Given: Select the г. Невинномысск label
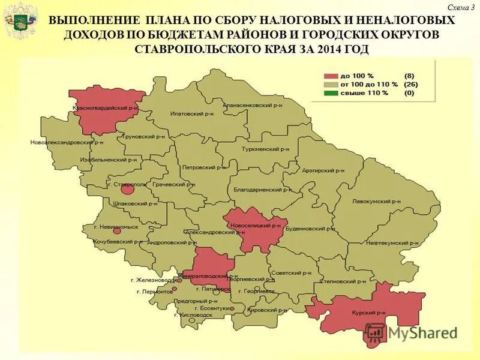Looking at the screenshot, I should coord(116,227).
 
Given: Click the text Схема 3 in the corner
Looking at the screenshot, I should coord(461,7).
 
